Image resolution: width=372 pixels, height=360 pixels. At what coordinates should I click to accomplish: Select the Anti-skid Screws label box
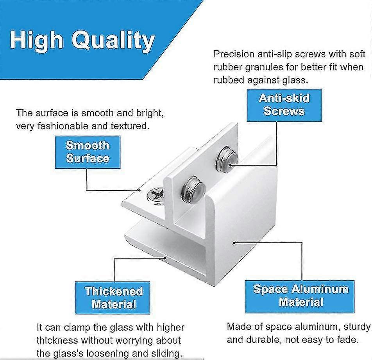[284, 105]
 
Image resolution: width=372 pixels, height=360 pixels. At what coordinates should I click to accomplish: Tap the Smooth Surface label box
[88, 152]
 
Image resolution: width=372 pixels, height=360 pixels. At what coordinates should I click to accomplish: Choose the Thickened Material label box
[114, 298]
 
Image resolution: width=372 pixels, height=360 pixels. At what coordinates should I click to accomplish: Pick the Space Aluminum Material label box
[300, 296]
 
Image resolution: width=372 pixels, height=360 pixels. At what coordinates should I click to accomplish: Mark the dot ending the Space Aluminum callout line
[233, 242]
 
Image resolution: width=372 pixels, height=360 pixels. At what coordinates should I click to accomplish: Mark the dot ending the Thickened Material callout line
[166, 257]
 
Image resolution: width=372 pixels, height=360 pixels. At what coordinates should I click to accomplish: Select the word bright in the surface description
[147, 113]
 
